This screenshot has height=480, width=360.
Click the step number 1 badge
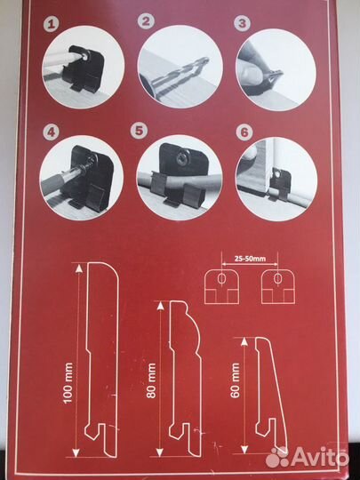click(x=52, y=25)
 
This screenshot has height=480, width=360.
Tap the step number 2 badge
click(x=147, y=21)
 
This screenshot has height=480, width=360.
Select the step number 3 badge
click(x=242, y=24)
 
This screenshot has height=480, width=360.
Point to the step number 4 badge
click(x=51, y=133)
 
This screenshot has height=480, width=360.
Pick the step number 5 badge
click(x=139, y=131)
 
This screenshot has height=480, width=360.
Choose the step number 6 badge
click(x=244, y=132)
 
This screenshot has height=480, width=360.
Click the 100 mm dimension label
click(x=68, y=382)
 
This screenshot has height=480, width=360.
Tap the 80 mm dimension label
click(x=151, y=380)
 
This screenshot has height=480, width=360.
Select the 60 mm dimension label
click(x=235, y=380)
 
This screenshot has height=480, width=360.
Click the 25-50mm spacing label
click(x=250, y=259)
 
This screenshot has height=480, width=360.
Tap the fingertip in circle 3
click(x=251, y=75)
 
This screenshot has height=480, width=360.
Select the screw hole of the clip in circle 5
click(x=180, y=158)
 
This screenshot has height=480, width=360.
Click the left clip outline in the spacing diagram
click(x=221, y=286)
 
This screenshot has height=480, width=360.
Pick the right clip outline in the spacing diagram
click(x=278, y=286)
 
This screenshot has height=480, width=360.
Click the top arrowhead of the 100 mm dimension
click(x=79, y=268)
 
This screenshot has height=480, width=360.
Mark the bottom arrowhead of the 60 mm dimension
click(x=244, y=449)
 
